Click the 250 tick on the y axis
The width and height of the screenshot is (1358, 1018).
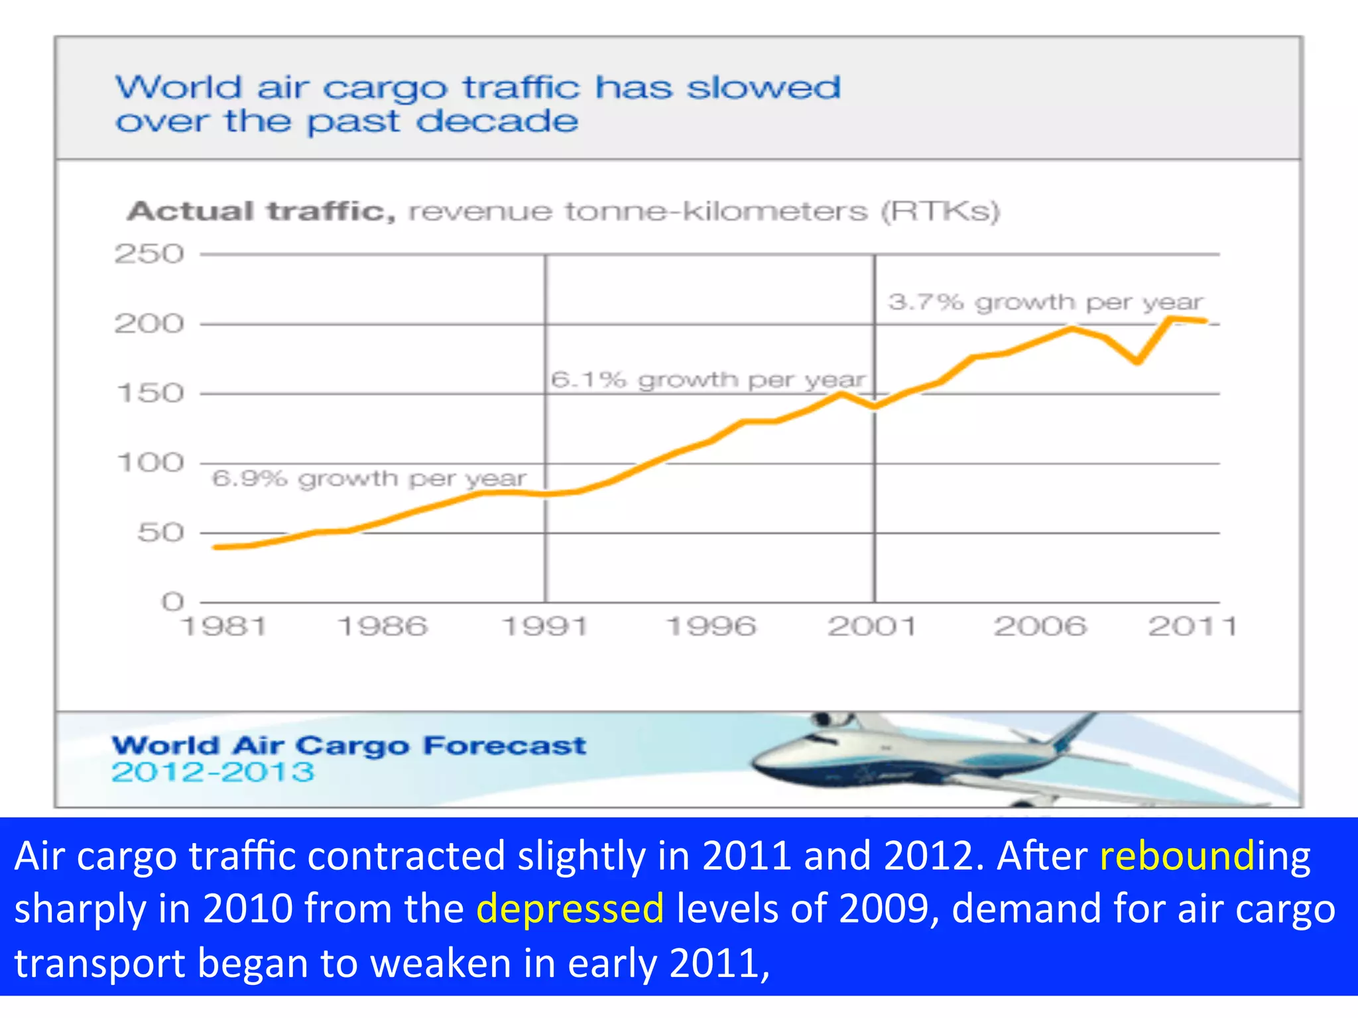[x=149, y=254]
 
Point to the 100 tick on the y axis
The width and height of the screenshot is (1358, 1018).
[x=151, y=463]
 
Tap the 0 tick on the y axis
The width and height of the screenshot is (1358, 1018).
[x=172, y=602]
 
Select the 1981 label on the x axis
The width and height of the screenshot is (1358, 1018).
[x=224, y=626]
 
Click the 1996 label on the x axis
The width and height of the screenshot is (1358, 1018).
[x=710, y=626]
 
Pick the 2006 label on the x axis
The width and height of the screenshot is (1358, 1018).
[x=1040, y=626]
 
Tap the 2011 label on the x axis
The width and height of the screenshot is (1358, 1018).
[x=1192, y=626]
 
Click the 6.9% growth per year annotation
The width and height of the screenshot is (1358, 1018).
[x=369, y=479]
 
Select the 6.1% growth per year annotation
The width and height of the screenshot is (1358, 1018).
[x=708, y=380]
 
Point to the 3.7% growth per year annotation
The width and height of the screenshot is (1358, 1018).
[x=1045, y=302]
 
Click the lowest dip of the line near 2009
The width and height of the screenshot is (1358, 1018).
[x=1137, y=362]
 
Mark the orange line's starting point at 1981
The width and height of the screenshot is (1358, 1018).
[x=216, y=547]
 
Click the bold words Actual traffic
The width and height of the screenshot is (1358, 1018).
[x=261, y=211]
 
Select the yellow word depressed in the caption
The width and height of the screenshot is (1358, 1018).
[x=570, y=908]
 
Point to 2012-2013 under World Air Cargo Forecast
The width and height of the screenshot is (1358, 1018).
[x=213, y=772]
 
